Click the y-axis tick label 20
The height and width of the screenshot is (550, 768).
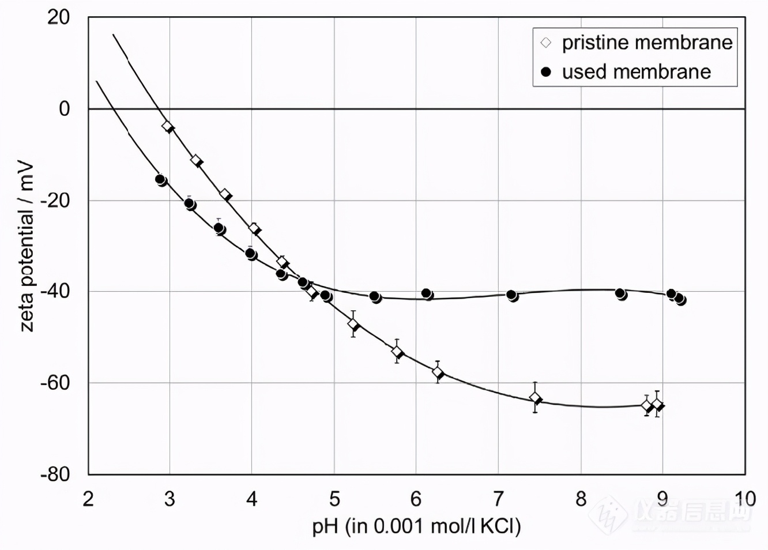(58, 17)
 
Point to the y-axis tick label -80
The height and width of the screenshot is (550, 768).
(55, 474)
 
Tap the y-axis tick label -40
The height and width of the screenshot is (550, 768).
(55, 291)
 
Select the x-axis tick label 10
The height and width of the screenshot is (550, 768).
(744, 499)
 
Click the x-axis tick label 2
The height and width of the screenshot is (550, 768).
(88, 499)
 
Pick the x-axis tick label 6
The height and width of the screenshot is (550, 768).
(416, 499)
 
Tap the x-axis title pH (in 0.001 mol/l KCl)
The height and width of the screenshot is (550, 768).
(416, 526)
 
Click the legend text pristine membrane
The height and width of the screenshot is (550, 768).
(647, 43)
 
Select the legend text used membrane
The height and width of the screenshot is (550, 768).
(636, 72)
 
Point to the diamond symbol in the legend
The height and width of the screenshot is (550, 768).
(546, 43)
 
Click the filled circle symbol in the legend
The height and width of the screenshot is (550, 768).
(546, 72)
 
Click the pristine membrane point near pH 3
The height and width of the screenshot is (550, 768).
(168, 126)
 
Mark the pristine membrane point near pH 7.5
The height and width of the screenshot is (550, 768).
(536, 398)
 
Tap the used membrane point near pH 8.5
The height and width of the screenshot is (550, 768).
(620, 294)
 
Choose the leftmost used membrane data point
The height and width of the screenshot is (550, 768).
(161, 180)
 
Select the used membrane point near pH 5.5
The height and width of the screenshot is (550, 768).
(375, 297)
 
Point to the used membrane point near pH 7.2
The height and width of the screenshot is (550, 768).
(512, 295)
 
